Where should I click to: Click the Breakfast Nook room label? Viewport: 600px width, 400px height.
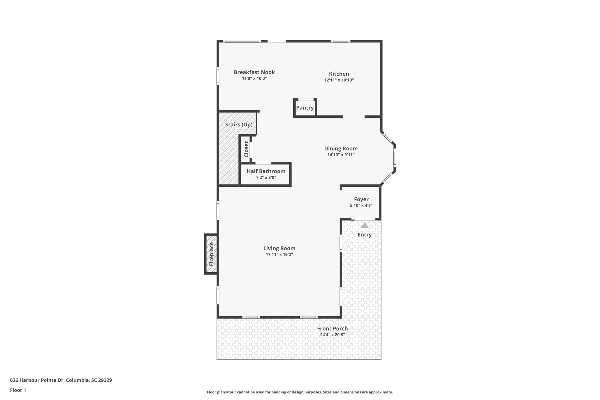[254, 72]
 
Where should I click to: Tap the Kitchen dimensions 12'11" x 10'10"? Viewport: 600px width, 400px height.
[339, 80]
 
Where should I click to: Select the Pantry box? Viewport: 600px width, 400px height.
[305, 108]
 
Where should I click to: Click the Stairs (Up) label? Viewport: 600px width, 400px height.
[239, 125]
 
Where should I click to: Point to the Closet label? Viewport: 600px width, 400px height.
[246, 149]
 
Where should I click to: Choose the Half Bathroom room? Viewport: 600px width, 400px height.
[266, 174]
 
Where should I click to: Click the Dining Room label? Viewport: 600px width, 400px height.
[341, 149]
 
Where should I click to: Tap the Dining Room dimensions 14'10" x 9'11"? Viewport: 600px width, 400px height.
[341, 155]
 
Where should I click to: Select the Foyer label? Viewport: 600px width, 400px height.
[361, 199]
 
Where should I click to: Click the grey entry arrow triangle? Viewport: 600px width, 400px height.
[364, 225]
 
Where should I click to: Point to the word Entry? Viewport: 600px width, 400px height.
[364, 235]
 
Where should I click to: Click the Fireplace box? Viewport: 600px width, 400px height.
[211, 254]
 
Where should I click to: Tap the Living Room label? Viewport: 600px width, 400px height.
[279, 248]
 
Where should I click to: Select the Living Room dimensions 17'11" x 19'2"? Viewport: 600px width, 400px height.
[279, 255]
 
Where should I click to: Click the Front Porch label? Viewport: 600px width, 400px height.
[332, 328]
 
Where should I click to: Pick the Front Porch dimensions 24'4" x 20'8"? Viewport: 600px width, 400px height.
[332, 335]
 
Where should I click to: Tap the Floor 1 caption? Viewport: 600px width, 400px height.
[18, 390]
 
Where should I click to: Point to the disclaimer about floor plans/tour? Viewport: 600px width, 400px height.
[300, 392]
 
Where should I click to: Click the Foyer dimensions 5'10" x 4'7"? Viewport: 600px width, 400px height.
[361, 205]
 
